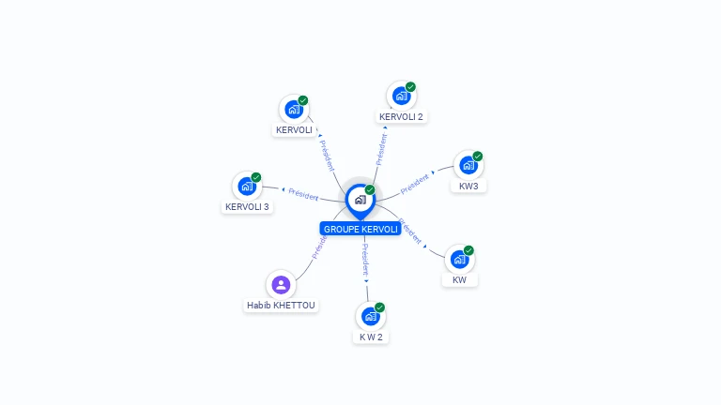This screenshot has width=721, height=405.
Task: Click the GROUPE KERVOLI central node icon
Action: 359,199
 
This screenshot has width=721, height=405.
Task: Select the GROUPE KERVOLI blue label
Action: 360,229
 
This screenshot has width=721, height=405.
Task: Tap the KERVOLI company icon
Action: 294,109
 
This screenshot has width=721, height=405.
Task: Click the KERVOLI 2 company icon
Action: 401,96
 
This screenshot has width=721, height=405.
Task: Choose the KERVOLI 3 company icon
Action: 247,186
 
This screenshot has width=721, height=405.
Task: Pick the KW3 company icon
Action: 468,166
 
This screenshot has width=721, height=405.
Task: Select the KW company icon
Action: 459,260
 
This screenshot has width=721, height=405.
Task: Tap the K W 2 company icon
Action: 370,316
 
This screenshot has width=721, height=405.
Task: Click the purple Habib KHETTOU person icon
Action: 280,284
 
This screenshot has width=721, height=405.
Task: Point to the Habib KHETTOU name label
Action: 282,306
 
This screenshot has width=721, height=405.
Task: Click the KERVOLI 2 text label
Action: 401,117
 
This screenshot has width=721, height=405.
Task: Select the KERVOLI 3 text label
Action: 247,206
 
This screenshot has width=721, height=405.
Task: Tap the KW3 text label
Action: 468,187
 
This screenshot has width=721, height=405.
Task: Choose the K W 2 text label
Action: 371,337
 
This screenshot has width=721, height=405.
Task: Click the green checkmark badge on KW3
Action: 478,157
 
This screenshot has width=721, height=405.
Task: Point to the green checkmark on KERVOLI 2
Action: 410,86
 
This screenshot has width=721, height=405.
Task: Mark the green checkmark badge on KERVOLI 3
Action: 256,177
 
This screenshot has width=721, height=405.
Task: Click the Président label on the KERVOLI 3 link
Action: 303,194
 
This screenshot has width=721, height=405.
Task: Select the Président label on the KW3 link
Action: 415,184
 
